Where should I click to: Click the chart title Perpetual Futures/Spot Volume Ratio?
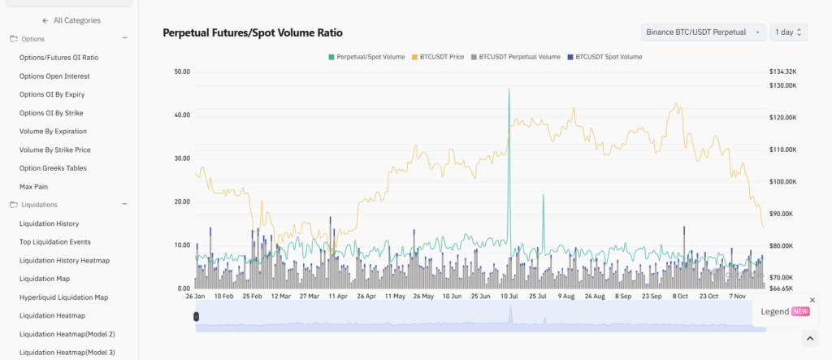click(x=253, y=33)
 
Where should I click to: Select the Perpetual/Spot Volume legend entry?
click(x=366, y=57)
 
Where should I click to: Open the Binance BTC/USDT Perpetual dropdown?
click(x=703, y=32)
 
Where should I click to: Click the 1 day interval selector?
click(x=788, y=32)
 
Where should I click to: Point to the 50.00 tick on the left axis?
click(x=182, y=72)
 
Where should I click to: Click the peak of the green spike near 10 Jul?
click(x=509, y=89)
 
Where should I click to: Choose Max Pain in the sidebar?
click(x=34, y=187)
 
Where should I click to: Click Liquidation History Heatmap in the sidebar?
click(x=64, y=260)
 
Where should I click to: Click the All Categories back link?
click(x=71, y=20)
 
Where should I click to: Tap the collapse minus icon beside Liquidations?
click(x=124, y=205)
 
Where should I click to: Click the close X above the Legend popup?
click(x=812, y=300)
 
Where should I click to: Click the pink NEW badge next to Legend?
click(x=800, y=311)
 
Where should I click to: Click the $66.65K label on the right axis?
click(x=782, y=288)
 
